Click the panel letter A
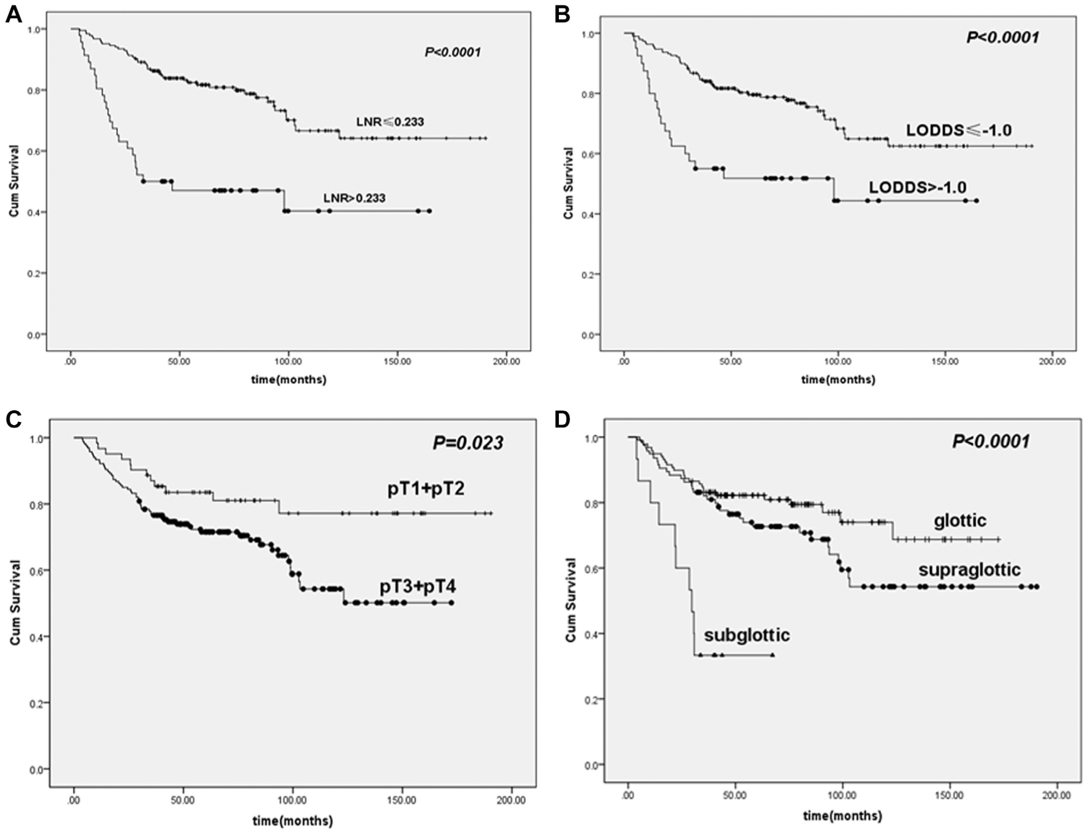pyautogui.click(x=13, y=14)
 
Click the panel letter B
pyautogui.click(x=562, y=14)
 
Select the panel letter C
pyautogui.click(x=14, y=419)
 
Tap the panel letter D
pyautogui.click(x=562, y=419)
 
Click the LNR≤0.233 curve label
pyautogui.click(x=390, y=122)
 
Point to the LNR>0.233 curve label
pyautogui.click(x=355, y=198)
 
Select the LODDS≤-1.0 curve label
pyautogui.click(x=959, y=130)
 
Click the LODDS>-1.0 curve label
pyautogui.click(x=918, y=188)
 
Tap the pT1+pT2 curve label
pyautogui.click(x=426, y=488)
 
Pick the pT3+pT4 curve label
pyautogui.click(x=418, y=587)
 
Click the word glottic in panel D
pyautogui.click(x=960, y=521)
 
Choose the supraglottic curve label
pyautogui.click(x=969, y=570)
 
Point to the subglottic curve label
pyautogui.click(x=747, y=635)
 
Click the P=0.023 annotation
pyautogui.click(x=468, y=442)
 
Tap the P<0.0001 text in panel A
pyautogui.click(x=453, y=52)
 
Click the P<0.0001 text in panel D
pyautogui.click(x=991, y=441)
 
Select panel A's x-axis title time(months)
pyautogui.click(x=288, y=379)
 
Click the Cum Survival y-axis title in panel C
pyautogui.click(x=15, y=602)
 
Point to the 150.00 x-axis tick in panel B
pyautogui.click(x=944, y=362)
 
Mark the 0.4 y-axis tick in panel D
pyautogui.click(x=591, y=634)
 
